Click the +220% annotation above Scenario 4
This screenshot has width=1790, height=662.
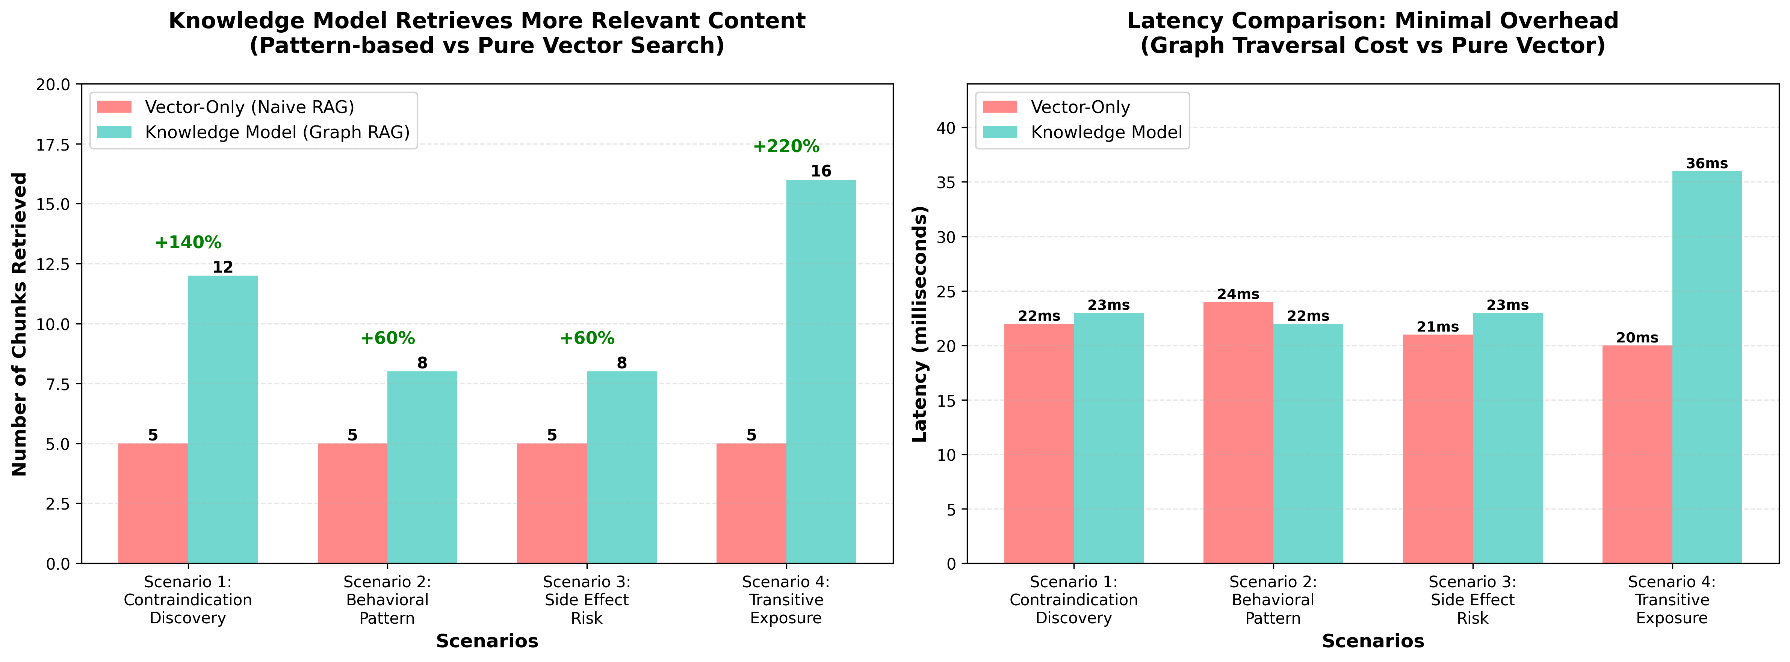[786, 146]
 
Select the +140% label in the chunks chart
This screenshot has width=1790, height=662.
[187, 243]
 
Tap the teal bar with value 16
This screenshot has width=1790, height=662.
[821, 372]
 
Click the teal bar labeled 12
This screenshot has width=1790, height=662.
[222, 419]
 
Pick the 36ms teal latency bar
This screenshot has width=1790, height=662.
[1707, 367]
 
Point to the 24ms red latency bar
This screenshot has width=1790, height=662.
[1238, 432]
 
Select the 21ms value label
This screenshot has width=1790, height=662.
[1438, 326]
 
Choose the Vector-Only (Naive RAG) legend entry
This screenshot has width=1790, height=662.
[249, 107]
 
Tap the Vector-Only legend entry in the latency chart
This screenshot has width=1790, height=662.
[1080, 107]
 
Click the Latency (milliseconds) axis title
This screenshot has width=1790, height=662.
[919, 324]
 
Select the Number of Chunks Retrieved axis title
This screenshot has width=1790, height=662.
[20, 324]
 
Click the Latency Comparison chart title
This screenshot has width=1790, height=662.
[1373, 33]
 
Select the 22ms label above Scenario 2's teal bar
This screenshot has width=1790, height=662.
[1308, 316]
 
